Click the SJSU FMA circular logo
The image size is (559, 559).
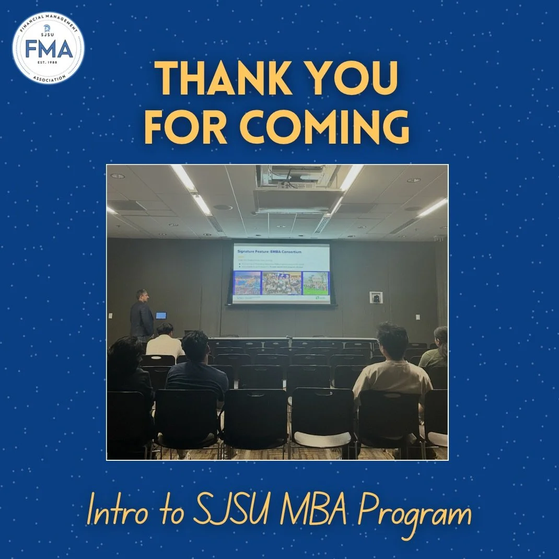[48, 48]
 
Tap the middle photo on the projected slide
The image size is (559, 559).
[281, 283]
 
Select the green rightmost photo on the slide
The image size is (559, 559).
[315, 283]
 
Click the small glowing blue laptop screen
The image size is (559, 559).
[161, 316]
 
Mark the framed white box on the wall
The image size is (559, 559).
[376, 298]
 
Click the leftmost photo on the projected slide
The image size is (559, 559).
[247, 283]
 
